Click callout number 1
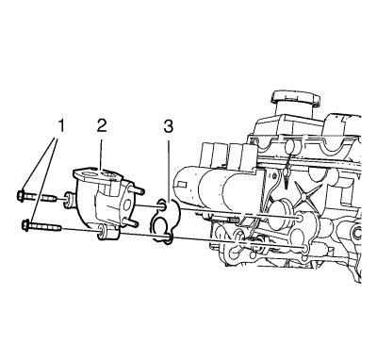point(60,126)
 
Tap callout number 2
point(101,126)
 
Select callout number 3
point(168,126)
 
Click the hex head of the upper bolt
point(20,196)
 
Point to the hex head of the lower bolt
point(26,224)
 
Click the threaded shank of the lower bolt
point(46,227)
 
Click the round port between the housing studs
point(128,205)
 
